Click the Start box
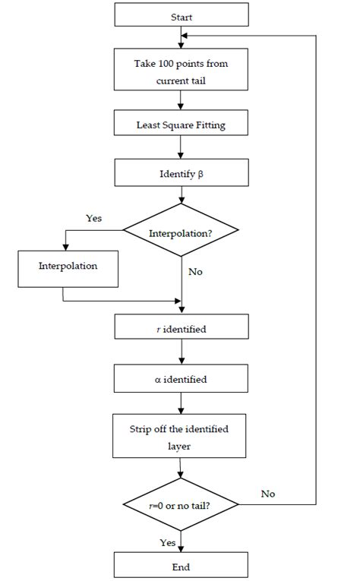click(x=182, y=15)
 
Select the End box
click(x=182, y=566)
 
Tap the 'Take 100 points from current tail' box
click(x=182, y=70)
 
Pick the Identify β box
click(x=182, y=172)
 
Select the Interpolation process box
click(x=68, y=268)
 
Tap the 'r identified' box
click(x=182, y=328)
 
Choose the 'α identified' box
click(x=182, y=377)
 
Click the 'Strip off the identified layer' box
click(x=182, y=437)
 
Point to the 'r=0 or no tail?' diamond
click(x=182, y=504)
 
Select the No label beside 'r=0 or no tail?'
click(x=267, y=494)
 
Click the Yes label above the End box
click(x=167, y=542)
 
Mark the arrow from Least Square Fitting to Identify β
click(x=182, y=147)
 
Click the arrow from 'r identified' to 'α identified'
click(x=182, y=352)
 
